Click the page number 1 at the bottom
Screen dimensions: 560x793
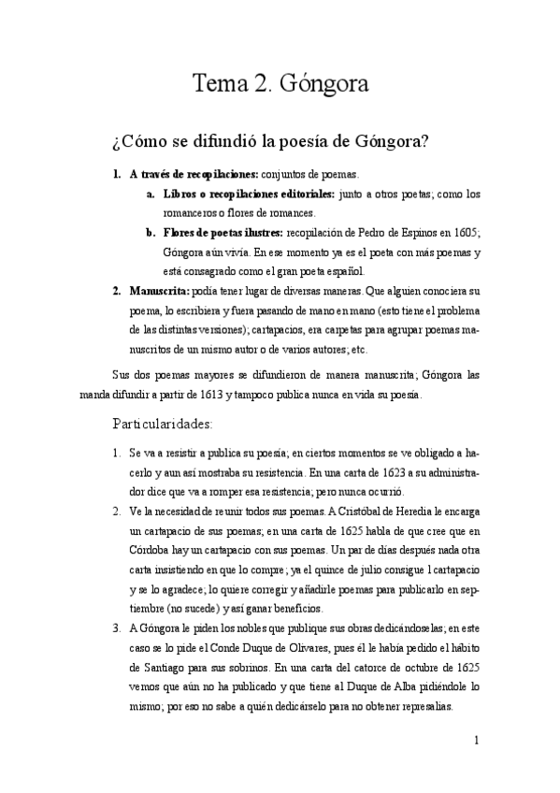pyautogui.click(x=477, y=742)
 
